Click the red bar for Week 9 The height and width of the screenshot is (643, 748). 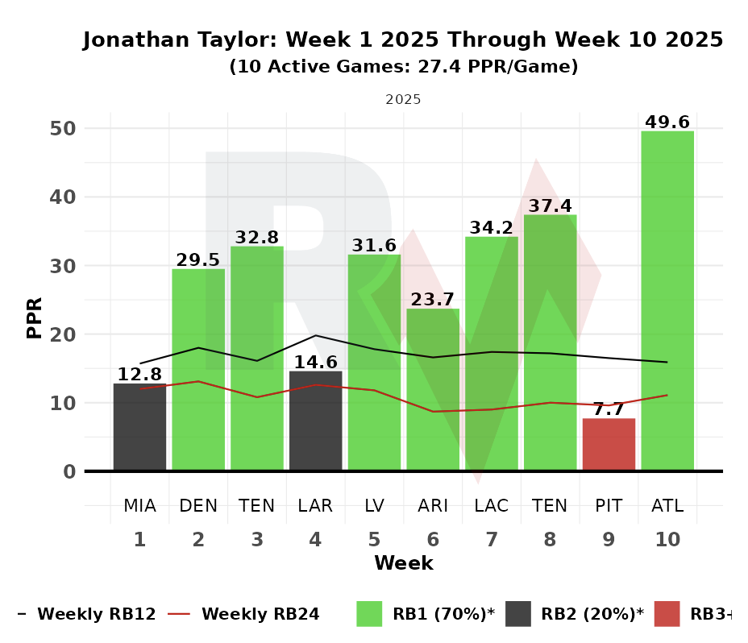point(609,444)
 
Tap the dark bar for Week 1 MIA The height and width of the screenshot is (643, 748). point(139,427)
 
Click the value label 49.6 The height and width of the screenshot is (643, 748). point(667,122)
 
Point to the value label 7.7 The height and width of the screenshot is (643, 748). point(609,409)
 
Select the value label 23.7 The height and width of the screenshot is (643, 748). point(433,300)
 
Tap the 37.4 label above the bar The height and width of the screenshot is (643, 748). point(550,205)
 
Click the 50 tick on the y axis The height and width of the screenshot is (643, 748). point(64,129)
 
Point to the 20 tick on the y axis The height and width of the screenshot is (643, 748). point(64,334)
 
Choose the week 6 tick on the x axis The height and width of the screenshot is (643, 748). point(433,540)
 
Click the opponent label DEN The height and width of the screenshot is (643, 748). point(198,506)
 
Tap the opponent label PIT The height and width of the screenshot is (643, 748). point(609,506)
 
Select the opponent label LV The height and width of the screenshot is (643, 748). point(374,506)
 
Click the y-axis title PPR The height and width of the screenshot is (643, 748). point(35,317)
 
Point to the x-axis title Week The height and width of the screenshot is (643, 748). point(403,563)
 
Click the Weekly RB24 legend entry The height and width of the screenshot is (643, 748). point(260,614)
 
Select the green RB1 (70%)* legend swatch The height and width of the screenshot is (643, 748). point(369,614)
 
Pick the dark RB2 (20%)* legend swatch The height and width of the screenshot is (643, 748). point(517,614)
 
